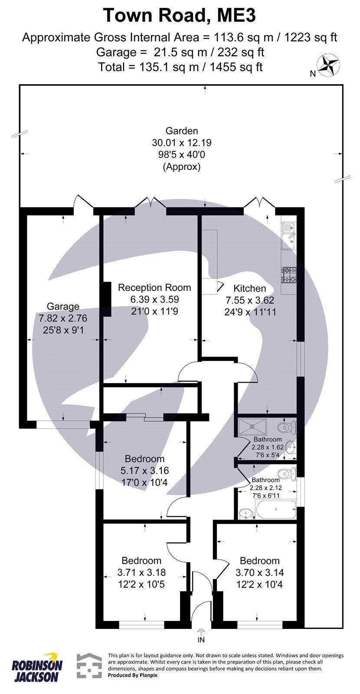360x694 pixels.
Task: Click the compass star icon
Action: [x=328, y=64]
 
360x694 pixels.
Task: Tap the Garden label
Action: [x=182, y=131]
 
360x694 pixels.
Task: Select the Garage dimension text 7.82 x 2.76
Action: [x=63, y=318]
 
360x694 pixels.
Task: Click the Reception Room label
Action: [x=154, y=287]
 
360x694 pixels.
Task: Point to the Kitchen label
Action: [x=249, y=288]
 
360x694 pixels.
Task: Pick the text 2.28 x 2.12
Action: [x=265, y=488]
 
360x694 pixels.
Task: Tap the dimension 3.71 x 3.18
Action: [x=141, y=573]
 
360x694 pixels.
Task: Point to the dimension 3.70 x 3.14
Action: [x=259, y=573]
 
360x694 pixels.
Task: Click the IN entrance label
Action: [x=201, y=639]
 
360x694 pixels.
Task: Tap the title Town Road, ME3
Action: [x=180, y=16]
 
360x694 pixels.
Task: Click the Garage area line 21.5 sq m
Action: [x=180, y=52]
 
